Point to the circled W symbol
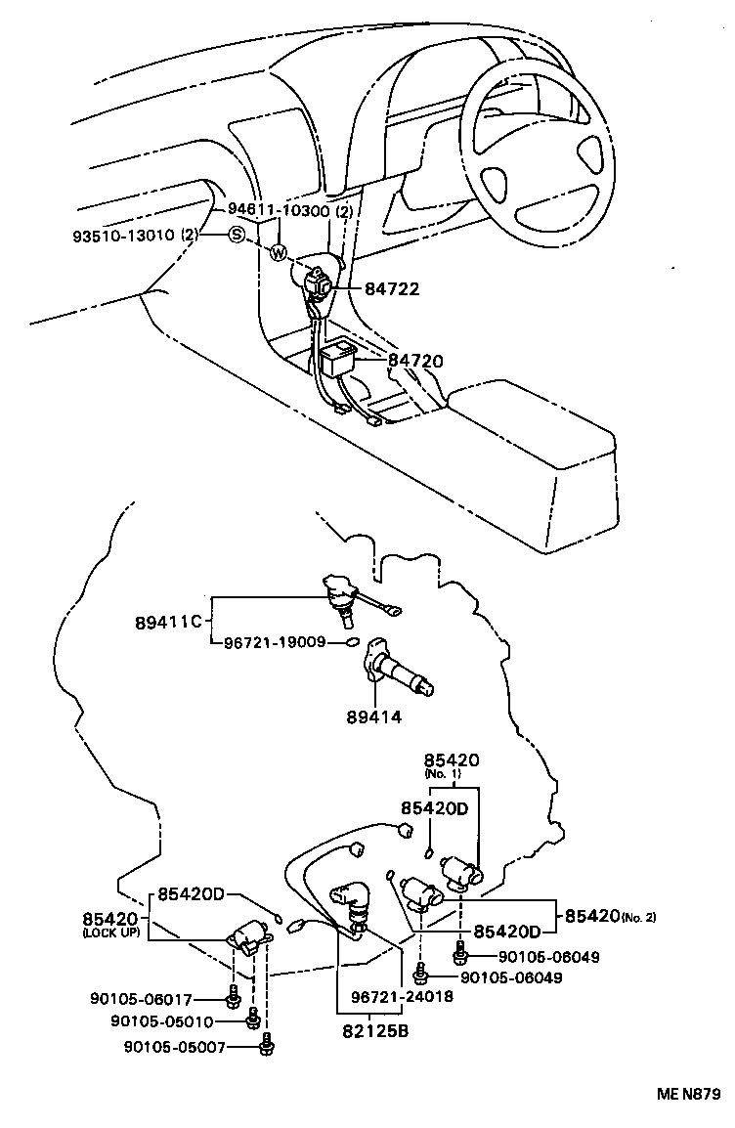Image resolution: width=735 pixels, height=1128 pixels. click(x=278, y=254)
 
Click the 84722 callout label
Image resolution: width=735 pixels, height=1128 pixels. click(x=392, y=289)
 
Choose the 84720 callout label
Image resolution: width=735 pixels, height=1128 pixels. click(x=415, y=361)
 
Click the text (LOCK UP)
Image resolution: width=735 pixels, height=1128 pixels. click(x=111, y=933)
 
